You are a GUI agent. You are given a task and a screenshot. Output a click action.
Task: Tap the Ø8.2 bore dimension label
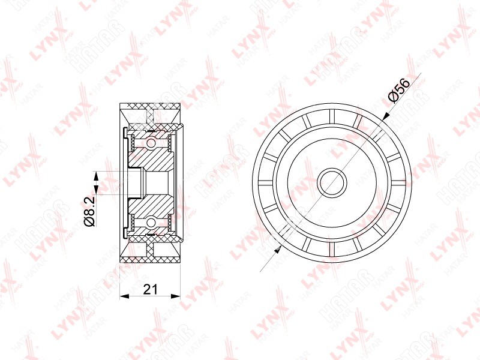click(x=89, y=212)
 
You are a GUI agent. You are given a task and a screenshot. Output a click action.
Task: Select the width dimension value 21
click(x=151, y=289)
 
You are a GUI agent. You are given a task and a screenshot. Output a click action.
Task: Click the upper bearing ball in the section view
click(x=151, y=143)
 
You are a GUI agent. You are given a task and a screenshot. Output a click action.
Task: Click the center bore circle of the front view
click(x=332, y=183)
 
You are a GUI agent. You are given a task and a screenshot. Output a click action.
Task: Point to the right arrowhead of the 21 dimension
click(x=176, y=296)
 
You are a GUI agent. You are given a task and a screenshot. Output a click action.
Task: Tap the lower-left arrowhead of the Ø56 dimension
click(x=278, y=250)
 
